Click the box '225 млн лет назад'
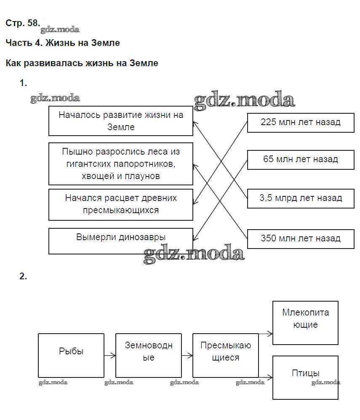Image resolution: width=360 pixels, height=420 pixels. [x=300, y=123]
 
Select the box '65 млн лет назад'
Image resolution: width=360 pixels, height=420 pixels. [x=300, y=160]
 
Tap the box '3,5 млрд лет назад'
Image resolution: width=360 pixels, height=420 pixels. [x=300, y=198]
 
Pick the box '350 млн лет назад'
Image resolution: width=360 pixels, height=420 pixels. [x=300, y=238]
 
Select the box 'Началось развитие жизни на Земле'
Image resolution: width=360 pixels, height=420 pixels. [x=121, y=121]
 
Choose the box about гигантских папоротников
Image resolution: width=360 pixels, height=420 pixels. [x=121, y=164]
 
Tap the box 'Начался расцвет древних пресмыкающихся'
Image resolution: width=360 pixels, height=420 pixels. [x=121, y=204]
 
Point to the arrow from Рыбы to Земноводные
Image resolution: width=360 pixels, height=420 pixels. [x=110, y=356]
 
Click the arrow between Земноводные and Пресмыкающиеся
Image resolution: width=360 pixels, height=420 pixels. [x=187, y=356]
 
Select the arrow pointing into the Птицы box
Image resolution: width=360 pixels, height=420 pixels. [x=266, y=377]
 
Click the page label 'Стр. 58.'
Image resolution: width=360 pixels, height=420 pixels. [x=23, y=23]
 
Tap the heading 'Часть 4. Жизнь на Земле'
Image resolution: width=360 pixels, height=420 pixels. [x=63, y=43]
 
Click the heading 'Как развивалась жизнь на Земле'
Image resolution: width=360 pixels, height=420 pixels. [x=82, y=63]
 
